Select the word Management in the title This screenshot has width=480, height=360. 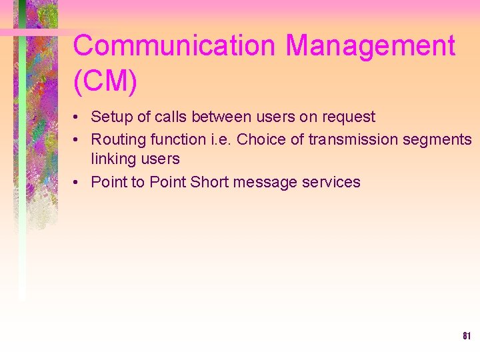371,47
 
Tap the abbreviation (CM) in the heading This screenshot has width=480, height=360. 105,81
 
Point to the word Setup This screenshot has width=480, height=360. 111,117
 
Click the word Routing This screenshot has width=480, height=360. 115,139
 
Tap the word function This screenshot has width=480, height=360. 175,139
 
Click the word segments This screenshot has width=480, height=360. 440,140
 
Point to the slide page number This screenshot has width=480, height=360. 467,336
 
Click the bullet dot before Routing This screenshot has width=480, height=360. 78,140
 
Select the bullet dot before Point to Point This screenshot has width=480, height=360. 78,183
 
